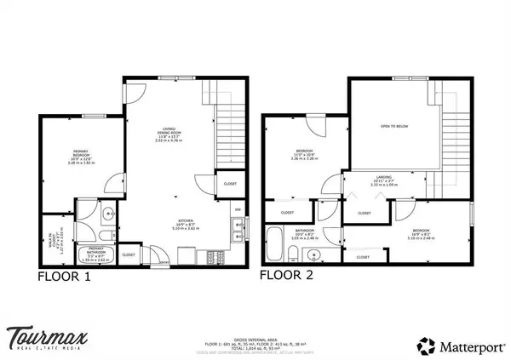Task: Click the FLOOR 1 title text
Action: (64, 277)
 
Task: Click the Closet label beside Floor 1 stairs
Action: (230, 184)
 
